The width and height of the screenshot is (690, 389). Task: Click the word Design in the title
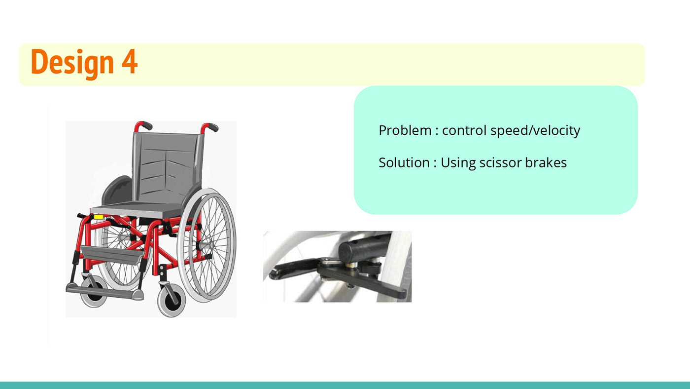coord(72,63)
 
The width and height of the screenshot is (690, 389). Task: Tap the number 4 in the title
coord(129,61)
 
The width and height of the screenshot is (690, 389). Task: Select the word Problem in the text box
coord(405,130)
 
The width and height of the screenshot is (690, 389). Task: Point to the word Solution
coord(404,162)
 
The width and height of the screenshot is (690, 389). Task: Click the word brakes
coord(546,162)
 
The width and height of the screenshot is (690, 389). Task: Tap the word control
coord(464,130)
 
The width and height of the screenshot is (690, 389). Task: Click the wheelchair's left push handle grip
coord(145,125)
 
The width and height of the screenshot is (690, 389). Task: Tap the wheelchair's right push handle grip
coord(212,127)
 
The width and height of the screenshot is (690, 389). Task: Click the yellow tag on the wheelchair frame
coord(98,217)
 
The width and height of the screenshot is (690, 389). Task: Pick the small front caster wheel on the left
coord(94,292)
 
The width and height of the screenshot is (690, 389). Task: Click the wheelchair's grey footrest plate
coord(104,292)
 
